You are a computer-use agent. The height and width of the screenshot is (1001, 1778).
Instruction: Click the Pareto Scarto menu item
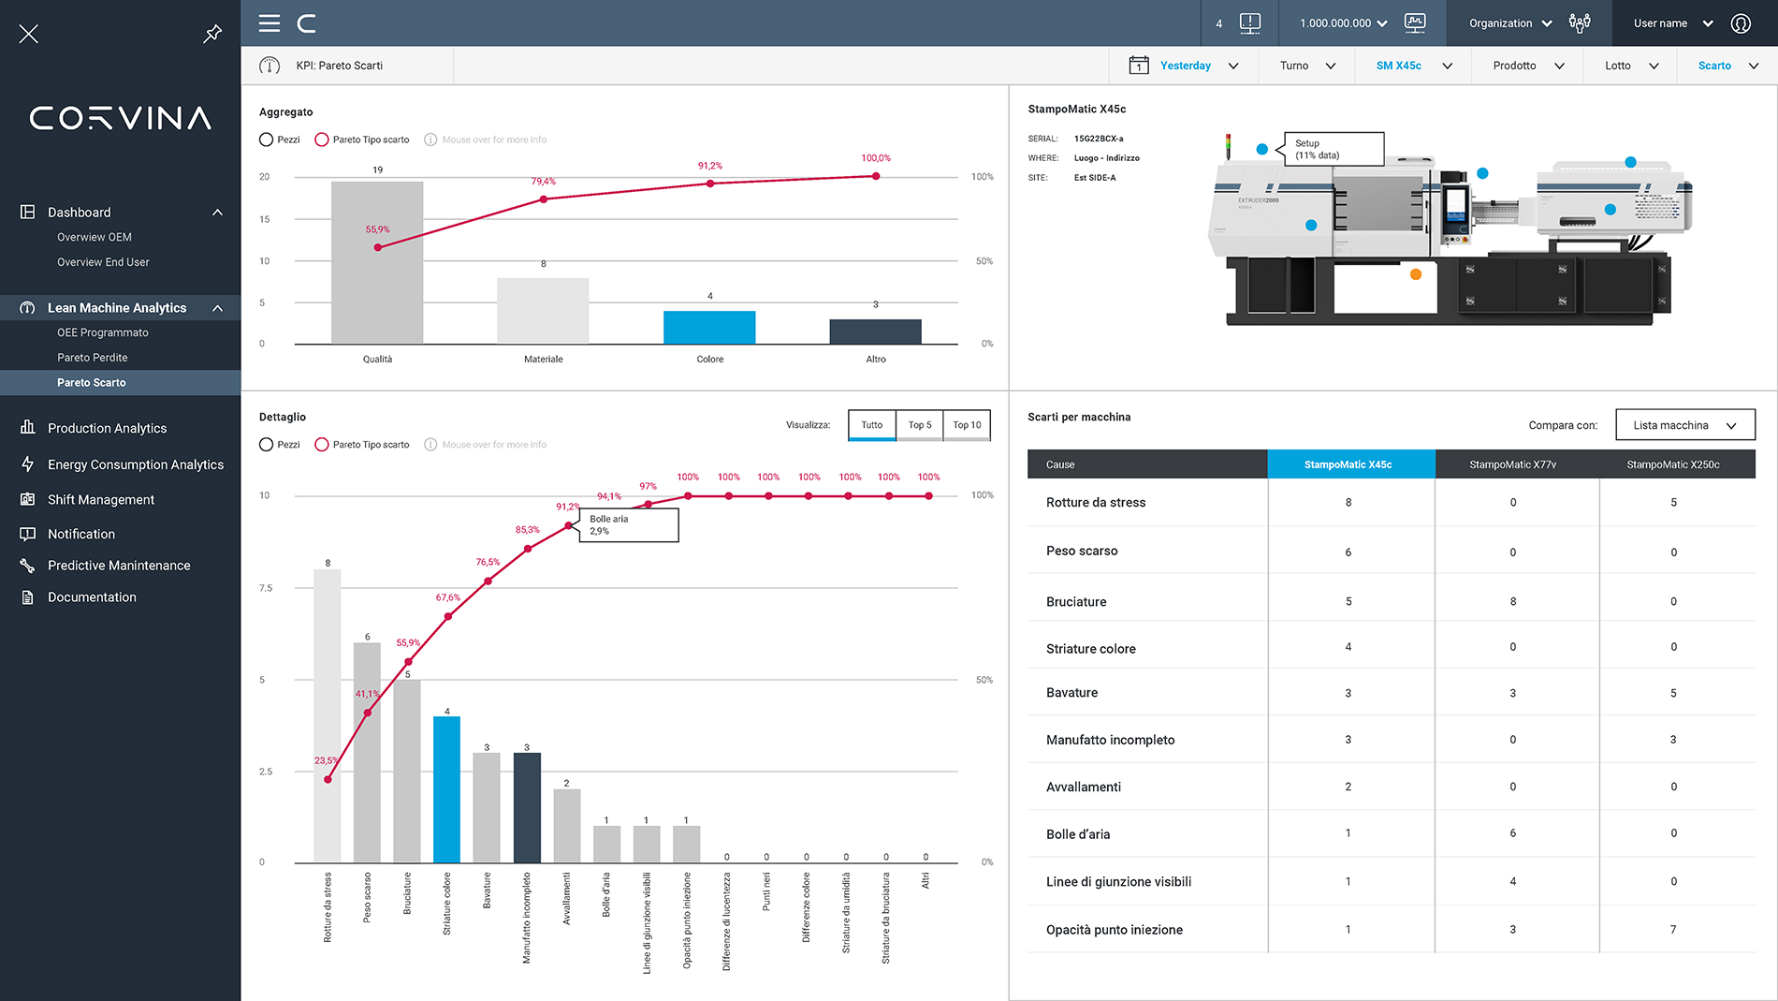[x=92, y=382]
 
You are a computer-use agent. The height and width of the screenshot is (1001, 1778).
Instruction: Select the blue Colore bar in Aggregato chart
[x=709, y=328]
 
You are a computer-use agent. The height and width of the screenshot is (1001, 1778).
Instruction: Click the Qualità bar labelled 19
[x=377, y=262]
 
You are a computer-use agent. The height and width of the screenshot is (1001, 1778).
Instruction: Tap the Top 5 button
[x=919, y=425]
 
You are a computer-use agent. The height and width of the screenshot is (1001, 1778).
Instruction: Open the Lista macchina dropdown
[x=1684, y=425]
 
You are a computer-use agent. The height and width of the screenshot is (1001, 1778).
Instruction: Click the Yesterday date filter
[x=1185, y=66]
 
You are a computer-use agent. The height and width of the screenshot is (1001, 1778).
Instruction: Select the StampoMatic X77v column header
[x=1512, y=464]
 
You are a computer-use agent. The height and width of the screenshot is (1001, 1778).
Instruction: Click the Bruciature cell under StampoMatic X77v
[x=1512, y=601]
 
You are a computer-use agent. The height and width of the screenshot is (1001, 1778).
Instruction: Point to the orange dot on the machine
[x=1416, y=274]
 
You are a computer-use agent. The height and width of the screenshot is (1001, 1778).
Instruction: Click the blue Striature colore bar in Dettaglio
[x=446, y=789]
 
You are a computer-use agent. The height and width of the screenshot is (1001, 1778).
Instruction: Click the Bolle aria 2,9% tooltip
[x=628, y=525]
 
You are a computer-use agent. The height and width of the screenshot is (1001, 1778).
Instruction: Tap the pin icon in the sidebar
[x=212, y=34]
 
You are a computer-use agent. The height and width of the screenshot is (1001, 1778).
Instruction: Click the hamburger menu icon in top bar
[x=270, y=23]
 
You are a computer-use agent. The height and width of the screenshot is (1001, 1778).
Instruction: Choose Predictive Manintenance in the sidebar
[x=119, y=566]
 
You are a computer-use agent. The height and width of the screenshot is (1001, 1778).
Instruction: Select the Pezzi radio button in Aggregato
[x=267, y=140]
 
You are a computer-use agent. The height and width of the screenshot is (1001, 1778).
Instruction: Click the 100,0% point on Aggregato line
[x=876, y=176]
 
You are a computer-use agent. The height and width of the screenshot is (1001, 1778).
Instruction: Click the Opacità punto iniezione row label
[x=1114, y=930]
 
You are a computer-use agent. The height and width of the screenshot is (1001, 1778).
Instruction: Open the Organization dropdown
[x=1509, y=23]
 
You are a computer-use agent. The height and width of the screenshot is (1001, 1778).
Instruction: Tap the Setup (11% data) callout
[x=1333, y=149]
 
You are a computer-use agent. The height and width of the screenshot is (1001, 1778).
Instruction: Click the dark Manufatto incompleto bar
[x=527, y=807]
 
